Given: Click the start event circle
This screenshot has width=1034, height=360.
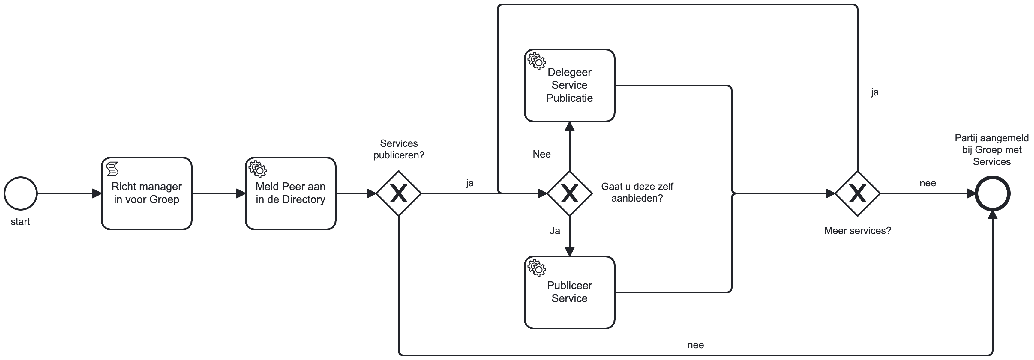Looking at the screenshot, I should pyautogui.click(x=20, y=193).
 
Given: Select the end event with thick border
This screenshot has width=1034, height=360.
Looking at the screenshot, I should pyautogui.click(x=992, y=193).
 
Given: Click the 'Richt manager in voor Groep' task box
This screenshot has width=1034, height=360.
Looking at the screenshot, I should pyautogui.click(x=146, y=193).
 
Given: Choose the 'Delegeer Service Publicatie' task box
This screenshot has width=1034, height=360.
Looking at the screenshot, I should pyautogui.click(x=569, y=85).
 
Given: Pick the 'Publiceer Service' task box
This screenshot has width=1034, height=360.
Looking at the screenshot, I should pyautogui.click(x=569, y=292).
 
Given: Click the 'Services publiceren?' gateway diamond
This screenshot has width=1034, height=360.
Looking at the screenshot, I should pyautogui.click(x=399, y=193).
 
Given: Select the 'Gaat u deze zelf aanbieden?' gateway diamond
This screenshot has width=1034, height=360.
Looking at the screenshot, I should pyautogui.click(x=570, y=193).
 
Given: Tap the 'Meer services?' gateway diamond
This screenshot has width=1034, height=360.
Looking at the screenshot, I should pyautogui.click(x=857, y=193).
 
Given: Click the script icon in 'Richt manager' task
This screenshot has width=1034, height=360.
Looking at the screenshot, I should pyautogui.click(x=113, y=169).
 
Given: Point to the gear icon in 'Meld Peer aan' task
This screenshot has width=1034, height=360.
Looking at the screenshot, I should pyautogui.click(x=258, y=169).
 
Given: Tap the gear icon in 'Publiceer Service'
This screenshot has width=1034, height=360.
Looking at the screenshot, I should pyautogui.click(x=537, y=268).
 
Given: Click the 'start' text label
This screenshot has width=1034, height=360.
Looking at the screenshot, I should pyautogui.click(x=20, y=221).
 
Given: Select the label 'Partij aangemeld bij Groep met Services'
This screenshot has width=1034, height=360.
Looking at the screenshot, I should pyautogui.click(x=991, y=150).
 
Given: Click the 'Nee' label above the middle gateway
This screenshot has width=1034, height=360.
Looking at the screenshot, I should pyautogui.click(x=541, y=154).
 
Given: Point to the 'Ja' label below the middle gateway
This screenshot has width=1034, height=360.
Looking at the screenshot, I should pyautogui.click(x=555, y=230).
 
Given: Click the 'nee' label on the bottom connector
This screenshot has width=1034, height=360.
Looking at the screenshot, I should pyautogui.click(x=695, y=345).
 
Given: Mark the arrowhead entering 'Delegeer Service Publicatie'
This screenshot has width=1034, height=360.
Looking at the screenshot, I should pyautogui.click(x=570, y=126).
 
